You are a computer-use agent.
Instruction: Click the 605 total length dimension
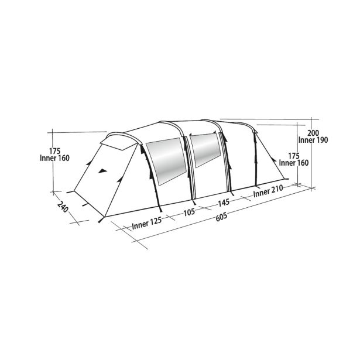[x=221, y=217]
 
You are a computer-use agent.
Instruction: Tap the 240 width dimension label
[x=63, y=206]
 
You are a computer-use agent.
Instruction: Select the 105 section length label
[x=189, y=212]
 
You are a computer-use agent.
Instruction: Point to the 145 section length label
[x=224, y=203]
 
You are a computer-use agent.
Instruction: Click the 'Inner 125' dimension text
[x=147, y=222]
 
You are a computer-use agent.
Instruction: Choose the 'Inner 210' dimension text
[x=268, y=191]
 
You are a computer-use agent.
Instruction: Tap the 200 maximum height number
[x=313, y=133]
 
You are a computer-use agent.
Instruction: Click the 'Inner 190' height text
[x=313, y=140]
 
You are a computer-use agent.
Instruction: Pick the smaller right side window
[x=205, y=149]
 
